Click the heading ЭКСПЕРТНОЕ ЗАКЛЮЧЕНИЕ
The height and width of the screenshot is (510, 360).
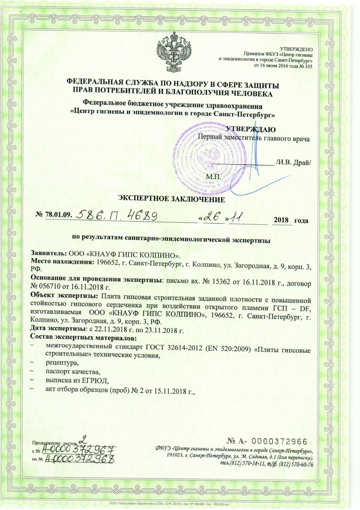point(171,199)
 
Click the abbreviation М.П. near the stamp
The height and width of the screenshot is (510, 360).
point(214,176)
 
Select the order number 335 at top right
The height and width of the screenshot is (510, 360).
point(308,66)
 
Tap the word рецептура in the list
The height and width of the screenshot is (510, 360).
point(62,363)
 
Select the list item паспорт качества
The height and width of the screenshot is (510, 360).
point(73,372)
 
